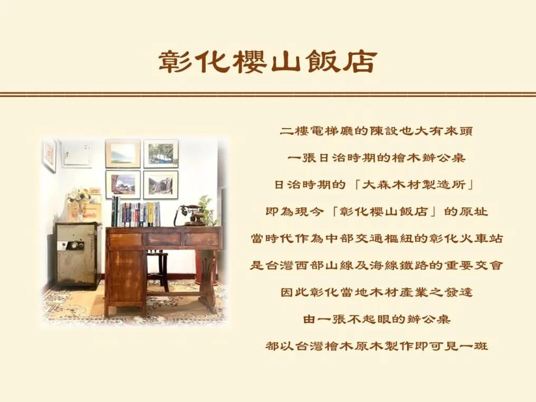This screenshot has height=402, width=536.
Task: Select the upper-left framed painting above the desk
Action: [122, 153]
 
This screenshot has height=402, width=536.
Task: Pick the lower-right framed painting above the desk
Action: [160, 184]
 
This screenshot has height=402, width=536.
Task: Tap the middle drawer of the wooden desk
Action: [163, 239]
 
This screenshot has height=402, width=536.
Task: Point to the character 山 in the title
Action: [286, 62]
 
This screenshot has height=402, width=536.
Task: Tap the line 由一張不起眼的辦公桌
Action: [377, 319]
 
